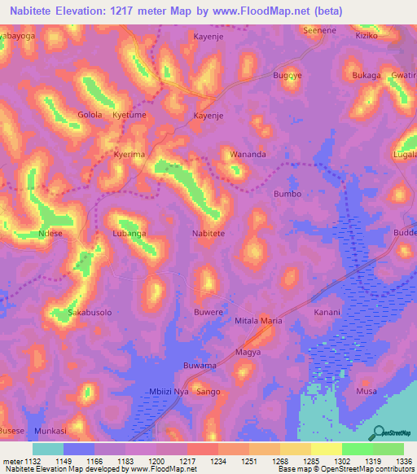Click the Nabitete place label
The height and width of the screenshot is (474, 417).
click(x=208, y=233)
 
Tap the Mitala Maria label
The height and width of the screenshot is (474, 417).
click(x=258, y=321)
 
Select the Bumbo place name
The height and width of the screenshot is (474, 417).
click(x=288, y=194)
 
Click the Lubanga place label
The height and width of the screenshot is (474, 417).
click(x=129, y=233)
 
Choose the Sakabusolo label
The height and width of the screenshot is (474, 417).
click(x=89, y=312)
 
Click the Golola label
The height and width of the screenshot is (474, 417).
click(x=90, y=115)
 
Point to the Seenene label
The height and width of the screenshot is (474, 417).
click(x=319, y=30)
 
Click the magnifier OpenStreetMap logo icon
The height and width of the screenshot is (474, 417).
click(x=379, y=432)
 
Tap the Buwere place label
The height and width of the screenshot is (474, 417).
click(x=208, y=312)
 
